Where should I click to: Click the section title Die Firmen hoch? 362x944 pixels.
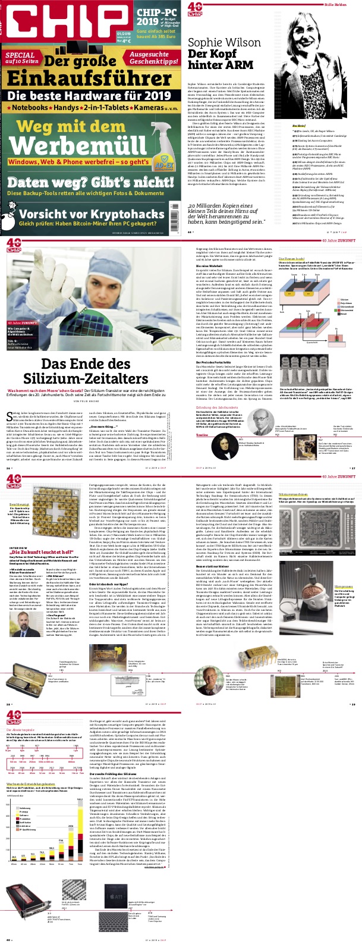tap(291, 259)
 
